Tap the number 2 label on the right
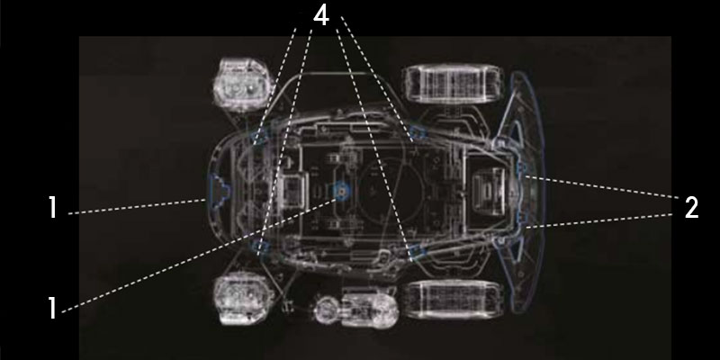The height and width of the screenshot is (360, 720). (x=690, y=208)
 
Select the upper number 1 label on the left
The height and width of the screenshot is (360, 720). (x=53, y=208)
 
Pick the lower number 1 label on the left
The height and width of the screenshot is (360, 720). (x=53, y=309)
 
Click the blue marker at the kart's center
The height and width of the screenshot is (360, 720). (x=340, y=190)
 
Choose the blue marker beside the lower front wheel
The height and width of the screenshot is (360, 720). (x=261, y=245)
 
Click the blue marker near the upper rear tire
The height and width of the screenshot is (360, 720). (x=416, y=136)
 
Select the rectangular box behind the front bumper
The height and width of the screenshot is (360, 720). (x=293, y=190)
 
